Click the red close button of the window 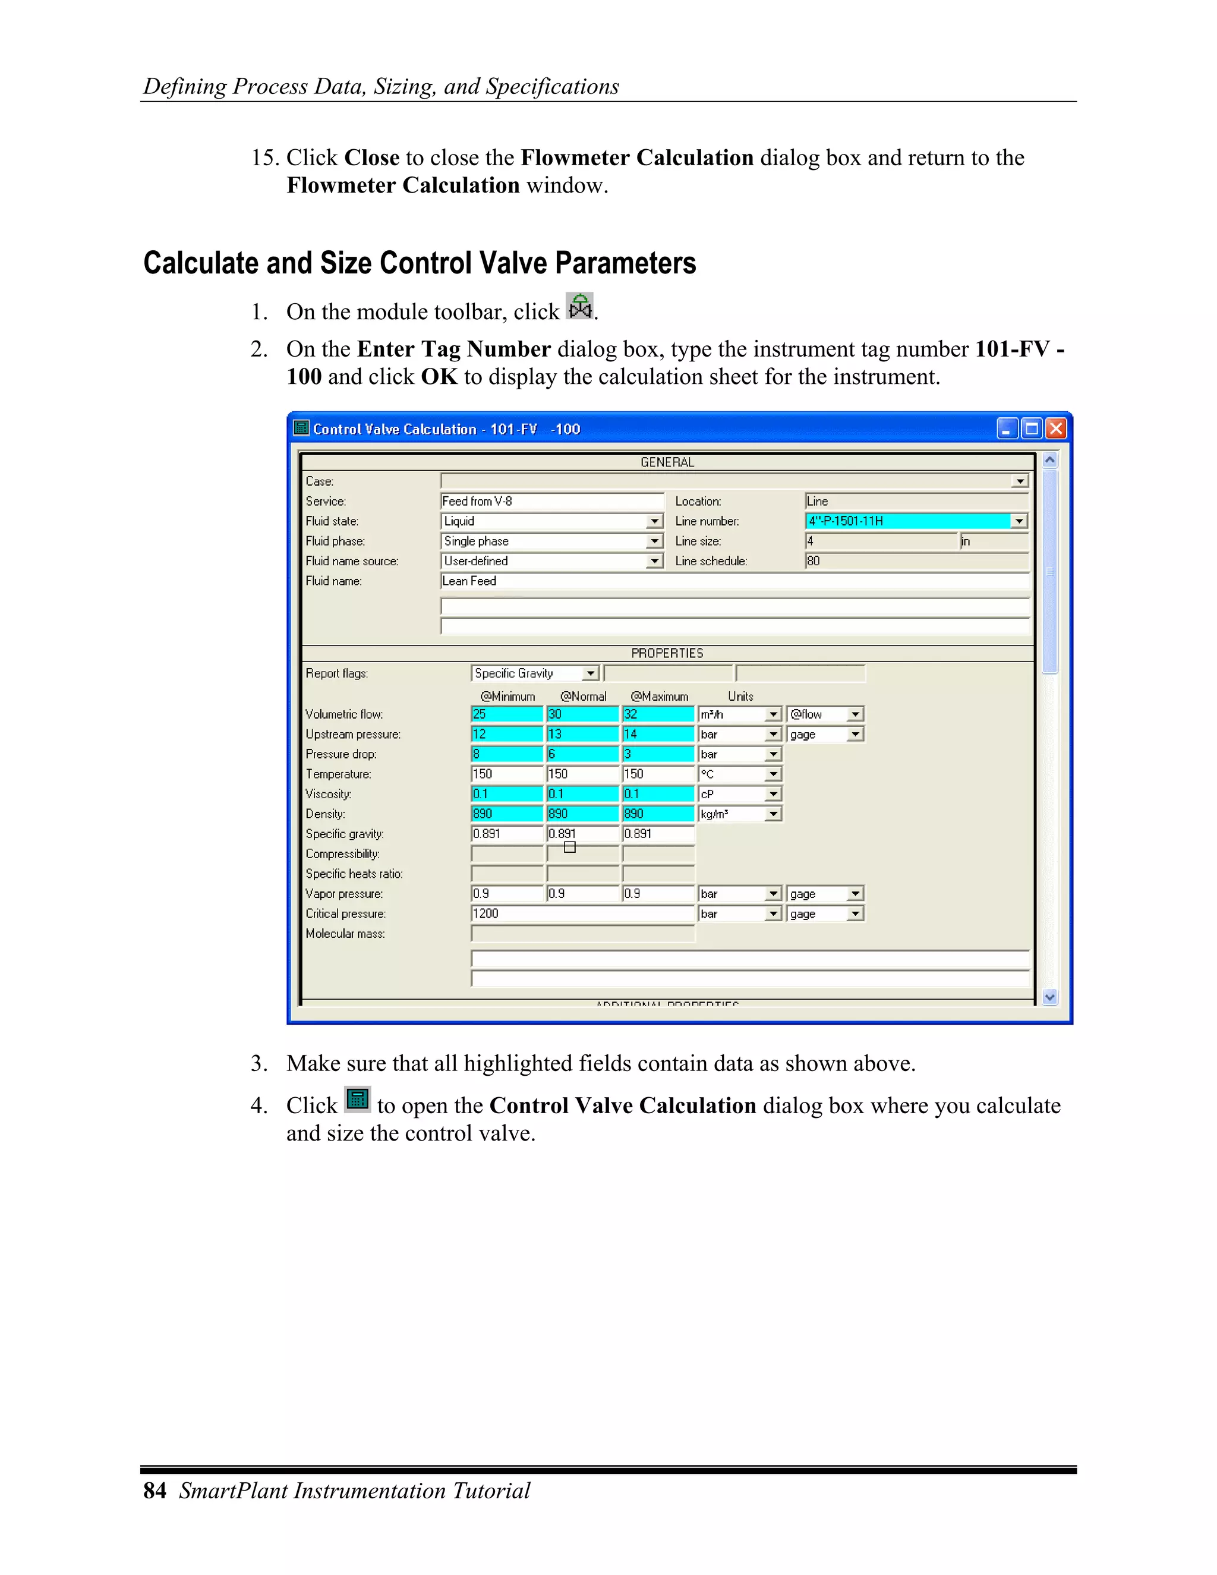[1056, 429]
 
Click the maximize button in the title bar [1032, 429]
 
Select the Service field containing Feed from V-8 [551, 501]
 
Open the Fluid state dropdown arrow [654, 521]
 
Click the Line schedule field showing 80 [916, 561]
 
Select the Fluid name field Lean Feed [734, 581]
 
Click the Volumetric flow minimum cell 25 [507, 714]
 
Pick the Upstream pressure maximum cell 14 [658, 734]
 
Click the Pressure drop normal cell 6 [582, 754]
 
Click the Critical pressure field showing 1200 [582, 913]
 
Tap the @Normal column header [584, 697]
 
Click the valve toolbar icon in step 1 [579, 307]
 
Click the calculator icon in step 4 [357, 1100]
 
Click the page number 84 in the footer [155, 1491]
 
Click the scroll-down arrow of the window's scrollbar [1050, 997]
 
